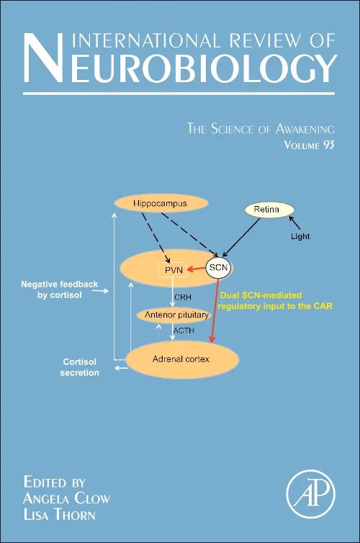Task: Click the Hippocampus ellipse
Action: pyautogui.click(x=160, y=205)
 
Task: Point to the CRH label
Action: pyautogui.click(x=183, y=296)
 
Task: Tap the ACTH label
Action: pyautogui.click(x=184, y=332)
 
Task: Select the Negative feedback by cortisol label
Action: pyautogui.click(x=59, y=290)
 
